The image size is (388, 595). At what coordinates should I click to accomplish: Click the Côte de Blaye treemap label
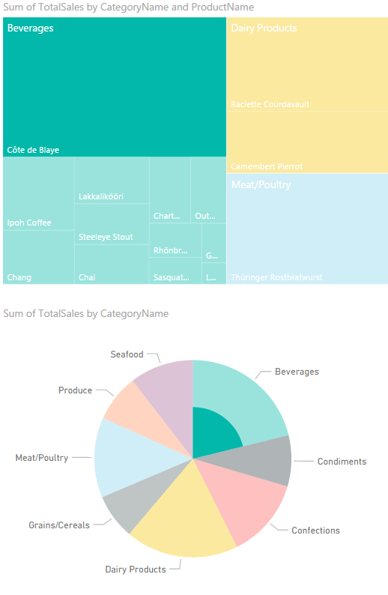pyautogui.click(x=33, y=150)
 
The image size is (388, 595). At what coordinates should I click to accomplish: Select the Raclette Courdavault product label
pyautogui.click(x=270, y=104)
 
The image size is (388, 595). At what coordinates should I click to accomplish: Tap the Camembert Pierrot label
pyautogui.click(x=267, y=166)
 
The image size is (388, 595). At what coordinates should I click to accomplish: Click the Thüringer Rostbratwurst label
pyautogui.click(x=276, y=277)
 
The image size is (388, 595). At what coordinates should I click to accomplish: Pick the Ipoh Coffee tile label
pyautogui.click(x=29, y=223)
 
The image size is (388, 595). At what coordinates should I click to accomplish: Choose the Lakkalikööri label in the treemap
pyautogui.click(x=101, y=197)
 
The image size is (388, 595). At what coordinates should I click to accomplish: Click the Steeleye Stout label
pyautogui.click(x=106, y=237)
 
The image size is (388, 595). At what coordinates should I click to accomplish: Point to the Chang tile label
pyautogui.click(x=19, y=277)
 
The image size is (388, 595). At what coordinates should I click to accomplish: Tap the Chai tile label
pyautogui.click(x=87, y=277)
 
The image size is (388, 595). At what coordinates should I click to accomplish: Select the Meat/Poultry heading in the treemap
pyautogui.click(x=261, y=184)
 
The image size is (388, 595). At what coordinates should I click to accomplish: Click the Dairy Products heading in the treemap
pyautogui.click(x=264, y=28)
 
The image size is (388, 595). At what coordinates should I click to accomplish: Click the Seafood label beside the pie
pyautogui.click(x=127, y=354)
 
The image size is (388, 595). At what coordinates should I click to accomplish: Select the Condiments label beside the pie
pyautogui.click(x=342, y=462)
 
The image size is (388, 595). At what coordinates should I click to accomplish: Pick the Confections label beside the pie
pyautogui.click(x=315, y=531)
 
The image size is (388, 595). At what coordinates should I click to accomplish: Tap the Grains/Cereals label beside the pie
pyautogui.click(x=59, y=525)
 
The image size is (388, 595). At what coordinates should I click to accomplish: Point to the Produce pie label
pyautogui.click(x=75, y=390)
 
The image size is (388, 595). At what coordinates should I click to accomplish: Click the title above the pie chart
pyautogui.click(x=86, y=313)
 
